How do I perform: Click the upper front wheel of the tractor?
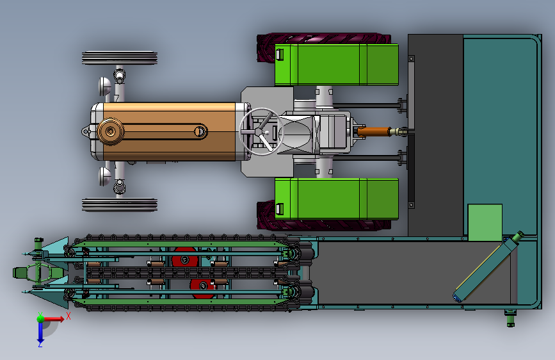tap(120, 58)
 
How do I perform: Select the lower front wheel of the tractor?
tap(120, 205)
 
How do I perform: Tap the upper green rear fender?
tap(336, 65)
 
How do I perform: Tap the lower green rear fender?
tap(336, 199)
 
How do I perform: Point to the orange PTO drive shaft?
tap(373, 132)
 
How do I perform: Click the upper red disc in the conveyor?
tap(184, 258)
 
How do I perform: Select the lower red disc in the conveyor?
tap(202, 288)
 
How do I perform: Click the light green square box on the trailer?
tap(485, 222)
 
